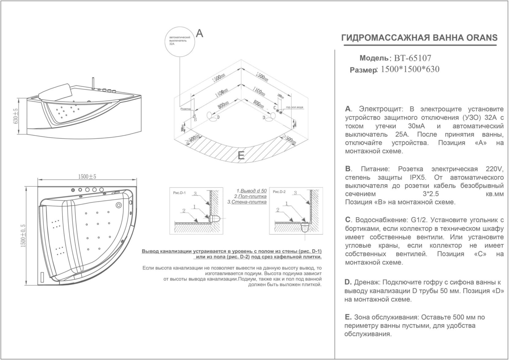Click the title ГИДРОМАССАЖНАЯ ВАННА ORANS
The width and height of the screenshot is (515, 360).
pos(419,38)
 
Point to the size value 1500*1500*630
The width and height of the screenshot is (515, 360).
pos(410,70)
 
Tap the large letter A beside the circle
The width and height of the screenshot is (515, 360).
pos(199,33)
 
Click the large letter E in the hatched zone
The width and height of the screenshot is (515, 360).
pos(241,156)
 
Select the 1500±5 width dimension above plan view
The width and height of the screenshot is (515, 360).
pos(87,177)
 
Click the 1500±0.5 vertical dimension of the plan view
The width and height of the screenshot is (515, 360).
pos(23,235)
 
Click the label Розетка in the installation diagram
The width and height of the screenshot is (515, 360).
pos(185,109)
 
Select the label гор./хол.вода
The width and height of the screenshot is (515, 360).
pos(295,107)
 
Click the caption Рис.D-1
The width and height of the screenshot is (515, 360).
pos(179,193)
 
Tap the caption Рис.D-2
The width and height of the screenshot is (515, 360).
pos(279,192)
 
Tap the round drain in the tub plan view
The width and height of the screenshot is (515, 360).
pos(119,205)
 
